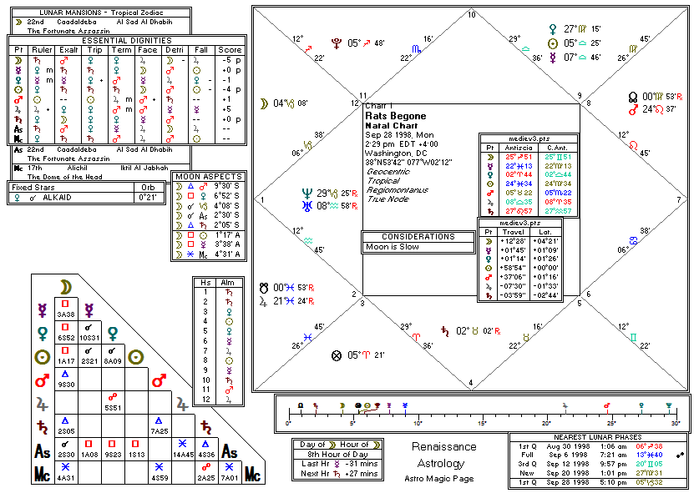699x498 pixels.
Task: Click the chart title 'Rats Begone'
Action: [396, 116]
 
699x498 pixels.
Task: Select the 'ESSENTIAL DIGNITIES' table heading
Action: [127, 40]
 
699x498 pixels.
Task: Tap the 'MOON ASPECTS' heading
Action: [209, 177]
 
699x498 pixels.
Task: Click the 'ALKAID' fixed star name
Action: [60, 198]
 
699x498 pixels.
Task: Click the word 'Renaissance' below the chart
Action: [443, 446]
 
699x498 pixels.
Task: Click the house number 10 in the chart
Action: [472, 15]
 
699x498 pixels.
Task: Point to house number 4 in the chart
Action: [472, 383]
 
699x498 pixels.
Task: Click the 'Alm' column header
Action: [227, 282]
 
